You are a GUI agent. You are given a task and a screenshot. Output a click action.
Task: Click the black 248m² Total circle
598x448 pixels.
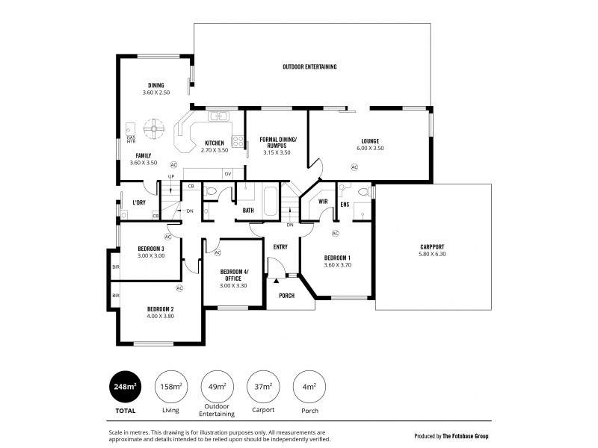click(125, 387)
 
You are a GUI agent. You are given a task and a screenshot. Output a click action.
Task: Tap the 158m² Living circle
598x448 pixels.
click(170, 387)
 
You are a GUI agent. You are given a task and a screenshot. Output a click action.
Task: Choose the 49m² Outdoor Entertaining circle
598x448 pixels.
click(217, 387)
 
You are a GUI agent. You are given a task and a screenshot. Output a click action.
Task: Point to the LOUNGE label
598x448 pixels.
click(369, 140)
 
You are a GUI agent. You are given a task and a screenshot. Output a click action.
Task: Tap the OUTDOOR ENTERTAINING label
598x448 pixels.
click(309, 67)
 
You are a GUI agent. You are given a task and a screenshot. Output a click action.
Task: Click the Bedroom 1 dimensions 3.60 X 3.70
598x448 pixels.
click(337, 264)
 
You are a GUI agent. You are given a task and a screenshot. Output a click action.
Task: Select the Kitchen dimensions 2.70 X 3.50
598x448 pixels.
click(215, 150)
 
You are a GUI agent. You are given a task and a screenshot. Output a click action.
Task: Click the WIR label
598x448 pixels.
click(324, 202)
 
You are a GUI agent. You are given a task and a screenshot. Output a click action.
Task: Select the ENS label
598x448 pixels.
click(345, 203)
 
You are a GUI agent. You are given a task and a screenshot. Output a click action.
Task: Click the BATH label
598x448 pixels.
click(248, 211)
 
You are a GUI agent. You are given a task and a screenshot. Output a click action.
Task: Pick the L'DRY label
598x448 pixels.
click(138, 203)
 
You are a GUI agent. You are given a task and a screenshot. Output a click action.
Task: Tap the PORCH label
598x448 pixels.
click(286, 295)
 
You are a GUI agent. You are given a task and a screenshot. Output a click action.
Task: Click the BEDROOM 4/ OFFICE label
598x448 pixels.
click(233, 275)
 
